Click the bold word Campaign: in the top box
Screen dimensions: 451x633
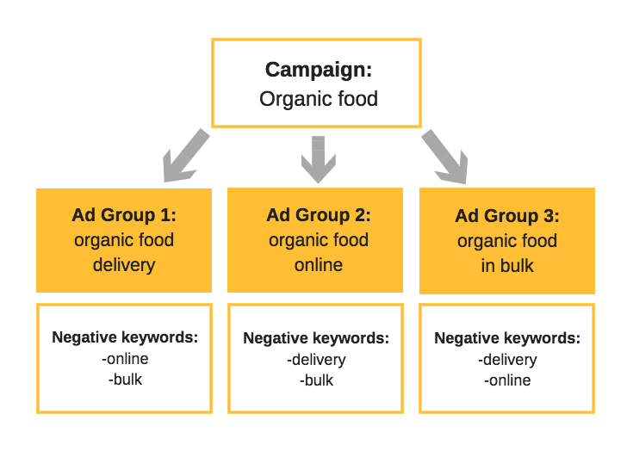[x=318, y=70]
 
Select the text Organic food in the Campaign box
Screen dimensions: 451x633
[x=318, y=98]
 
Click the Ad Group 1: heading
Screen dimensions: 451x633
[x=124, y=214]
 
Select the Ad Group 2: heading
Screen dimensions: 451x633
[x=318, y=214]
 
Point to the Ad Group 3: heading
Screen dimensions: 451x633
[x=507, y=215]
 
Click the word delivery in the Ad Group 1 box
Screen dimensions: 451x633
[x=124, y=264]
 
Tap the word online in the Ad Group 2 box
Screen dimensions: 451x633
[x=318, y=264]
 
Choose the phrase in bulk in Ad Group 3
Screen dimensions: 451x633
[x=507, y=265]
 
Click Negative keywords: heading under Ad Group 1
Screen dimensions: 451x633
[x=125, y=337]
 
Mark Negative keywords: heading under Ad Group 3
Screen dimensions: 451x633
[x=507, y=338]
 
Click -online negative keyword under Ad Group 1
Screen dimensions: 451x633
[x=125, y=358]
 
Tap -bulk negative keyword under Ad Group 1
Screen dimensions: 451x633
[x=125, y=379]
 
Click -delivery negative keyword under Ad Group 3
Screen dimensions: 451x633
[x=507, y=359]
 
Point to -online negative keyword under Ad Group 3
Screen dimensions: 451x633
[x=507, y=380]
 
